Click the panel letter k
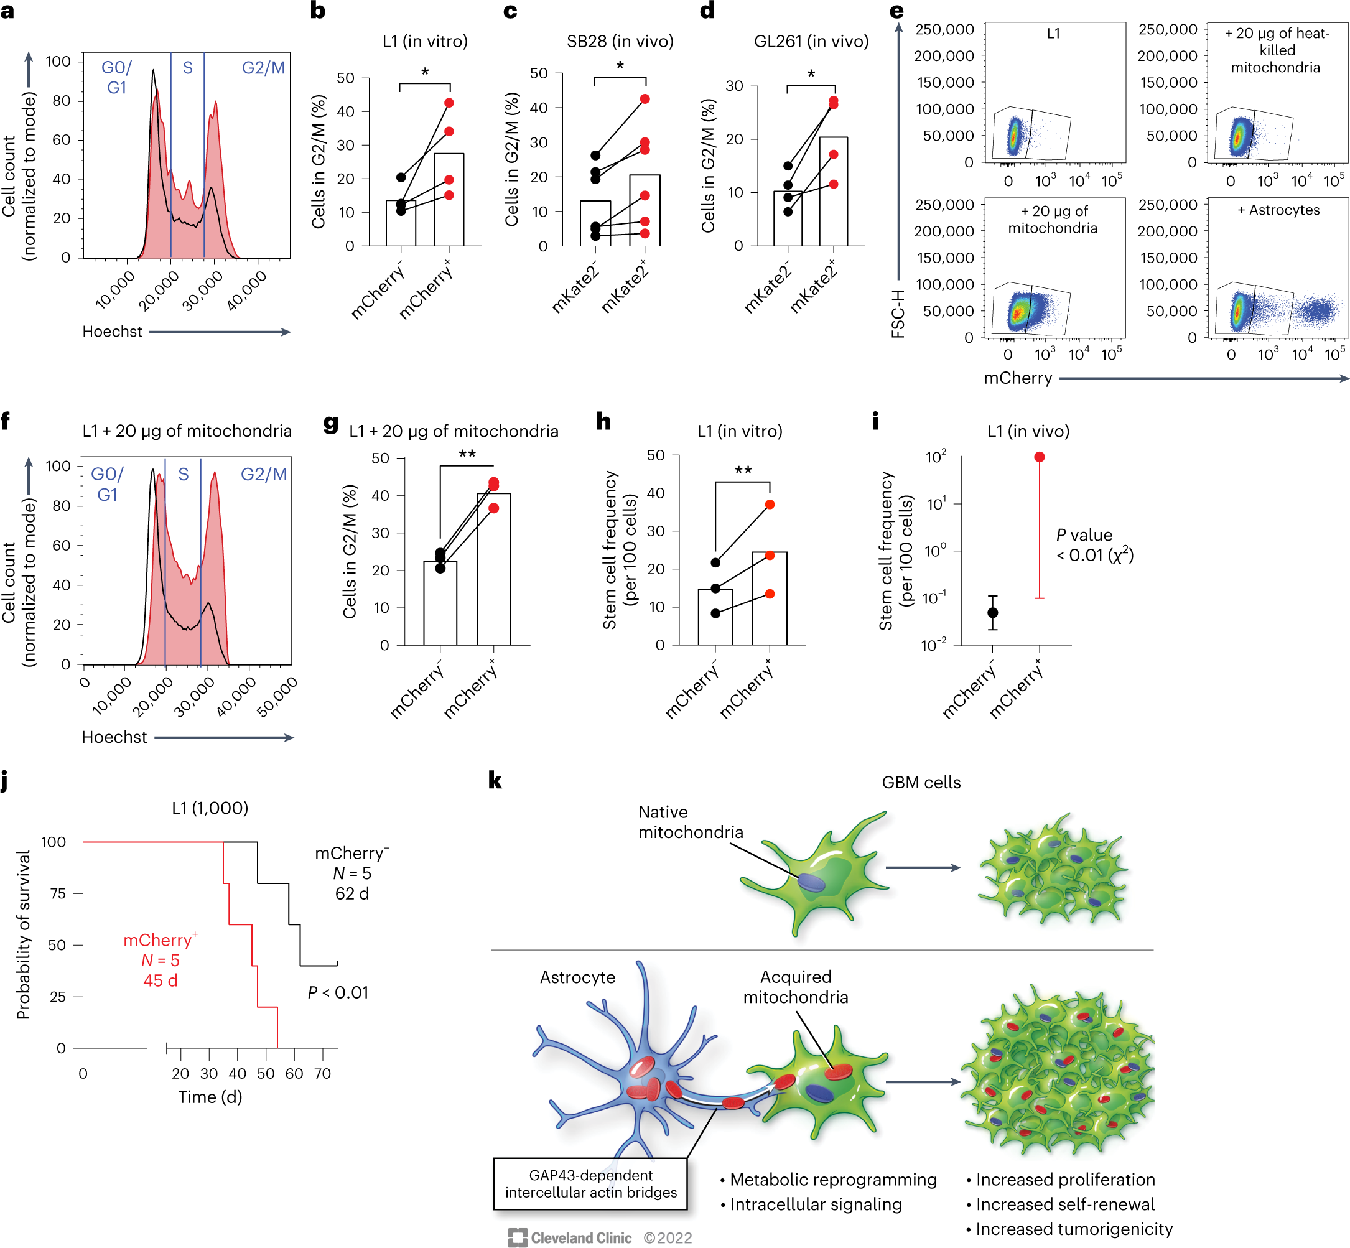(x=495, y=781)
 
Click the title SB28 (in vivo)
(x=620, y=41)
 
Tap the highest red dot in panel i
(x=1040, y=457)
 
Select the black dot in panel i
(x=993, y=613)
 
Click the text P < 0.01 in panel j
(x=338, y=993)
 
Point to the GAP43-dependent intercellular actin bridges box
(x=590, y=1183)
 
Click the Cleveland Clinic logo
(x=570, y=1237)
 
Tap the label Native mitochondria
(x=690, y=822)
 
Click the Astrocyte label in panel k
(x=577, y=977)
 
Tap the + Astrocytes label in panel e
(x=1278, y=210)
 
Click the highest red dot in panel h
(x=770, y=505)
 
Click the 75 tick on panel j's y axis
(x=57, y=893)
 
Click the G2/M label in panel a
(x=263, y=68)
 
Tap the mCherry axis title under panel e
(x=1018, y=378)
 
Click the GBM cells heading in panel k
(x=921, y=782)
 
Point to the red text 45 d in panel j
(x=160, y=980)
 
